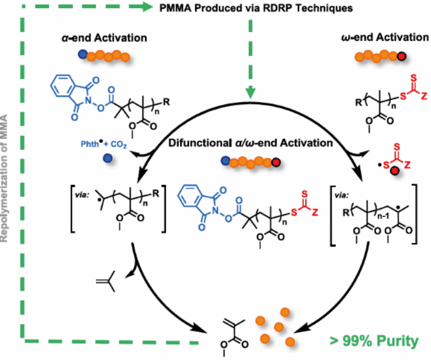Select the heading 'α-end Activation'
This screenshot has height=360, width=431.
click(103, 38)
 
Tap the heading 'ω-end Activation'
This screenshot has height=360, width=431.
click(385, 38)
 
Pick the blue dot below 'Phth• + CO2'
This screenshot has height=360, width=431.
click(107, 157)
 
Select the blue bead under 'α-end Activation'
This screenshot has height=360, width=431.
click(82, 56)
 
